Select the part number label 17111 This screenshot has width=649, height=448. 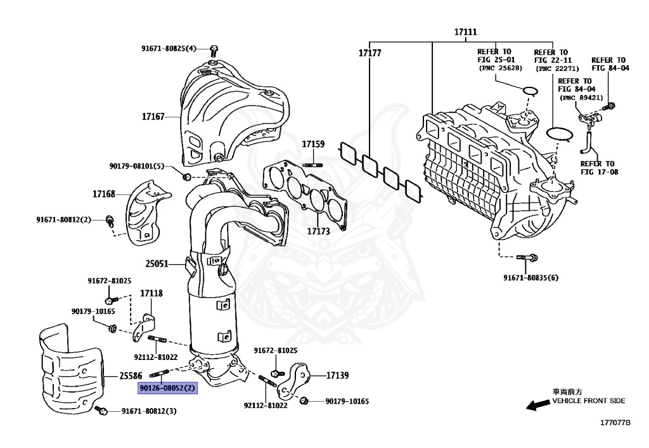pos(465,32)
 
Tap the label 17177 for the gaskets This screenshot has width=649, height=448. pos(369,53)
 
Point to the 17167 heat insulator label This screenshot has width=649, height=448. pos(153,117)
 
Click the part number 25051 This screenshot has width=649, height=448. pos(156,263)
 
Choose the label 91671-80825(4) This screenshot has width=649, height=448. pos(169,48)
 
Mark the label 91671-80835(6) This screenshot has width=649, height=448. pos(531,278)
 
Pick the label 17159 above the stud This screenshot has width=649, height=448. pos(313,144)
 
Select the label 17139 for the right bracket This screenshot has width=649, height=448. pos(338,375)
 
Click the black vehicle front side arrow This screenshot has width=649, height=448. pos(539,404)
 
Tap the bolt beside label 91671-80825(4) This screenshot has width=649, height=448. pos(214,49)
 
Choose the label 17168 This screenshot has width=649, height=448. pos(105,193)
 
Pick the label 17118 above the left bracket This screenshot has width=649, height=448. pos(151,293)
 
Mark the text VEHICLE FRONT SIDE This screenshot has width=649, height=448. pos(588,400)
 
